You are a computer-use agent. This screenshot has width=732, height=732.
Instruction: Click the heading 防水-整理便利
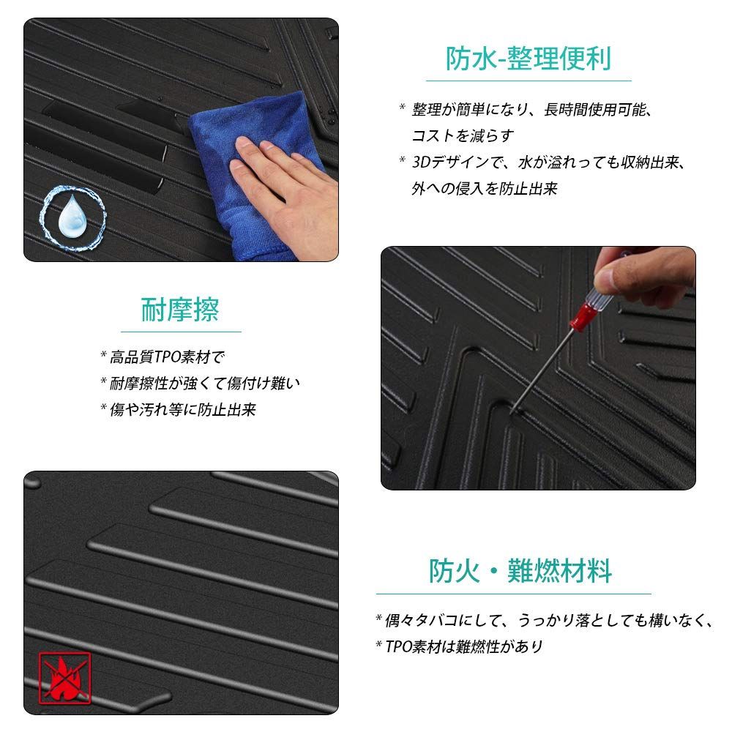coord(529,57)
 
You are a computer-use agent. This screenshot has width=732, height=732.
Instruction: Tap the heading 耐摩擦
coord(180,310)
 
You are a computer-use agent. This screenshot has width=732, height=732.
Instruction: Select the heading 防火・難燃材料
coord(520,570)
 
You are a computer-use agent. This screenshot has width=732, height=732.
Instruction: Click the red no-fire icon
coord(64,678)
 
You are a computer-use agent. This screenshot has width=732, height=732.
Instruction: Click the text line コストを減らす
coord(463,135)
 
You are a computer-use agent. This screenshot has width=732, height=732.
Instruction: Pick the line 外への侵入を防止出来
coord(484,188)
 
